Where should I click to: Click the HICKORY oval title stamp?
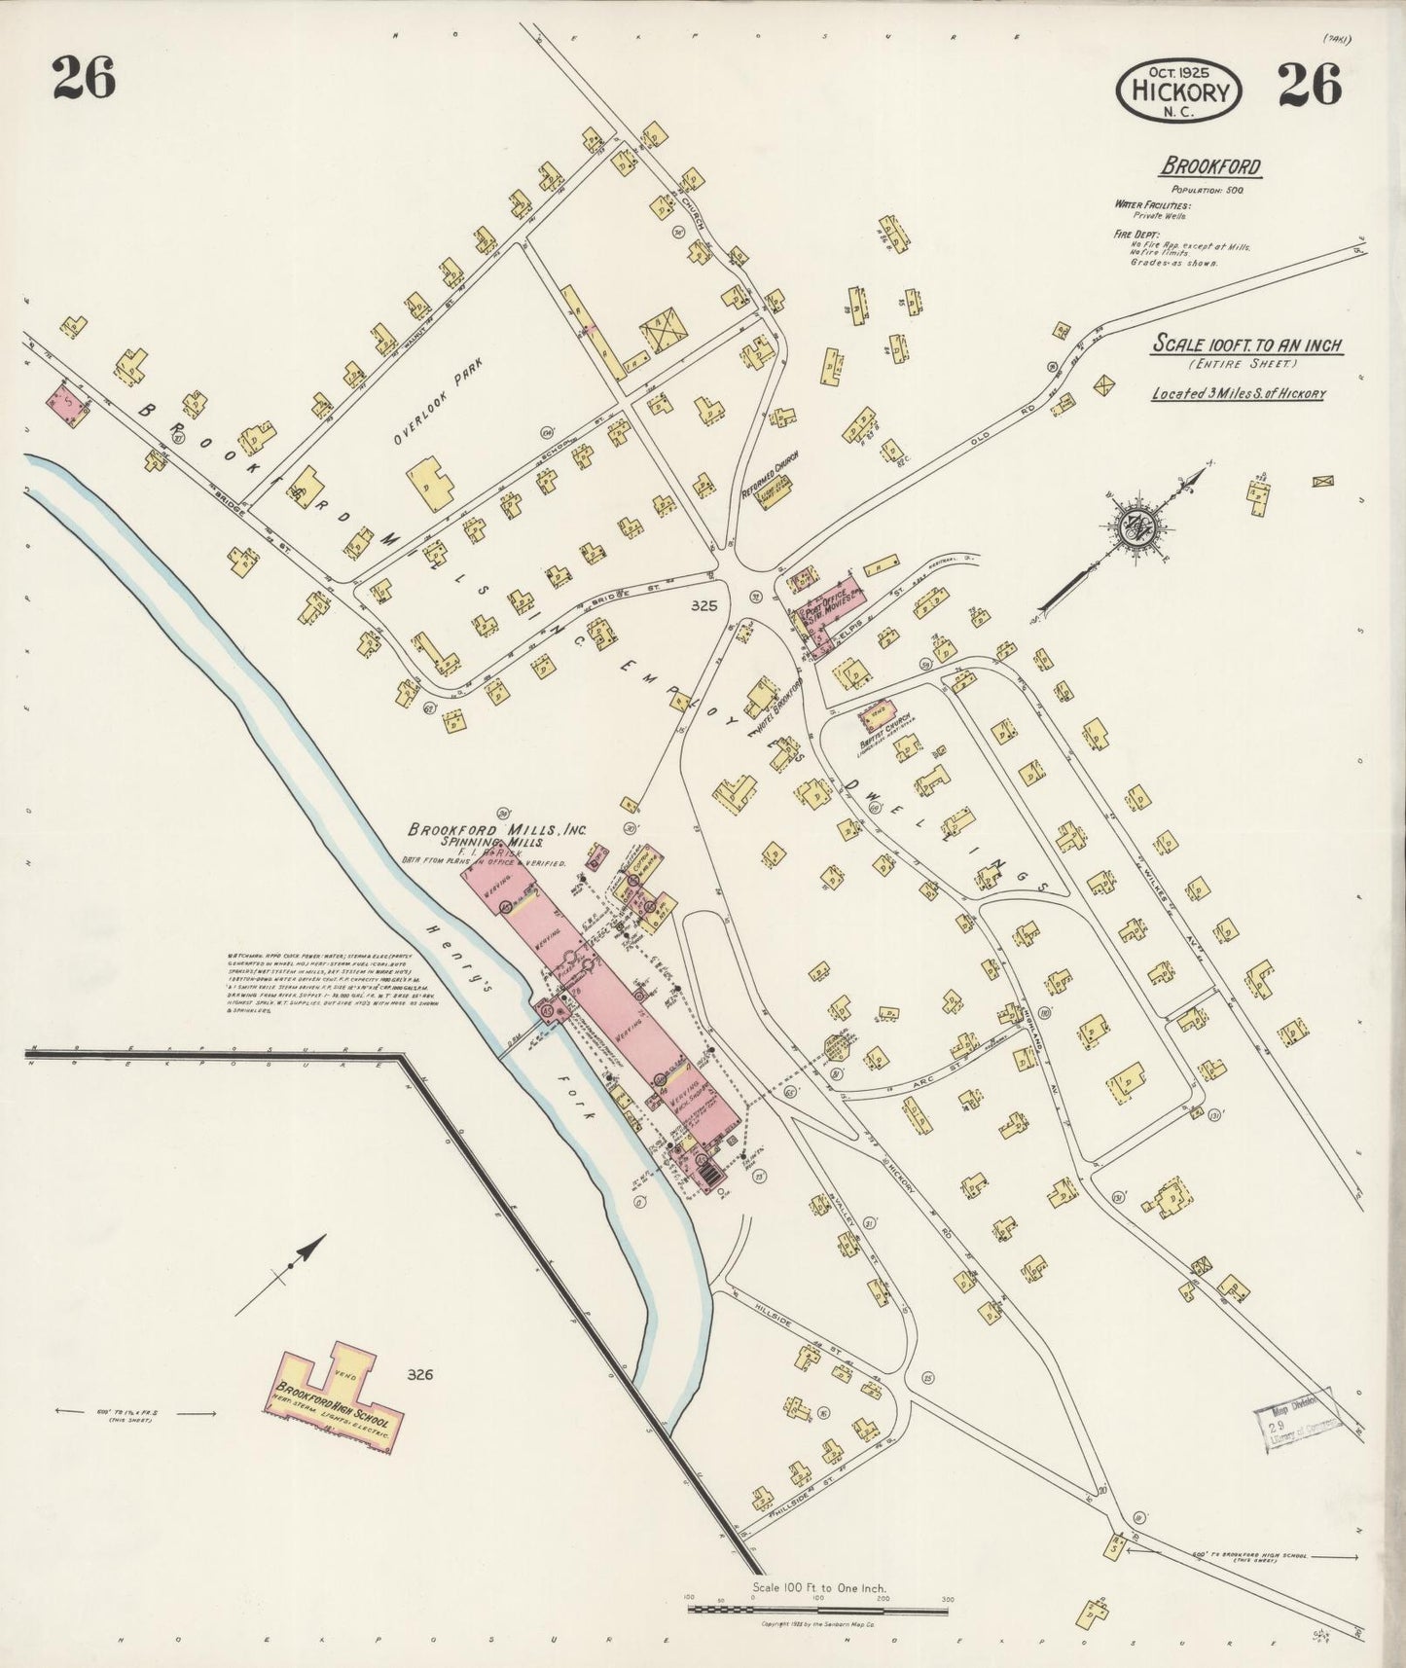click(1179, 91)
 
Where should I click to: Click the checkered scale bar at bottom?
click(817, 1609)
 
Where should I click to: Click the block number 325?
click(703, 605)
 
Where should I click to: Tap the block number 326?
click(419, 1375)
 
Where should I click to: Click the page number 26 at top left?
click(84, 78)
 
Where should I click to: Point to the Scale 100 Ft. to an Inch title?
click(1246, 344)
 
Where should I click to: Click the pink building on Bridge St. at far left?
click(67, 403)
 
